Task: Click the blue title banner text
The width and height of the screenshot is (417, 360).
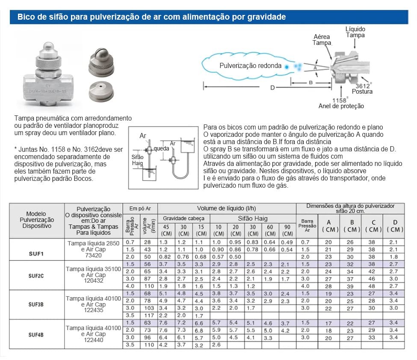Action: click(x=151, y=18)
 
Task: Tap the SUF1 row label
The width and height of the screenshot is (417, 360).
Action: click(x=36, y=254)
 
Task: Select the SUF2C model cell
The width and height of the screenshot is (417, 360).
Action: click(x=36, y=275)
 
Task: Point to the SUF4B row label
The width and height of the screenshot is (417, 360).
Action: click(x=36, y=334)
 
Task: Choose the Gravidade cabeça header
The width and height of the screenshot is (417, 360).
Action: click(x=183, y=218)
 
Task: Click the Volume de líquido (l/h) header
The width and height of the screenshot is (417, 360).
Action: click(x=226, y=208)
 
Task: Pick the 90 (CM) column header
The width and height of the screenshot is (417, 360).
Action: click(x=288, y=230)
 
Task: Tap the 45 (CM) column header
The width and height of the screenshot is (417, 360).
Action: click(x=166, y=230)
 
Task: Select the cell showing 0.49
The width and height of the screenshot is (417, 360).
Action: click(x=288, y=242)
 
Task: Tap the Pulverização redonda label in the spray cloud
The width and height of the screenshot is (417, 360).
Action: click(x=250, y=66)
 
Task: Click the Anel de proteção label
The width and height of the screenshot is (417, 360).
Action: click(x=341, y=106)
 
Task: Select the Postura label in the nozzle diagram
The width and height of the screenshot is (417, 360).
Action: click(x=362, y=91)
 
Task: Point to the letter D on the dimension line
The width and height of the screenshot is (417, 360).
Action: click(x=272, y=88)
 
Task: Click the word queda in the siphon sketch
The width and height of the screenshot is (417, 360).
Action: click(x=162, y=148)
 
